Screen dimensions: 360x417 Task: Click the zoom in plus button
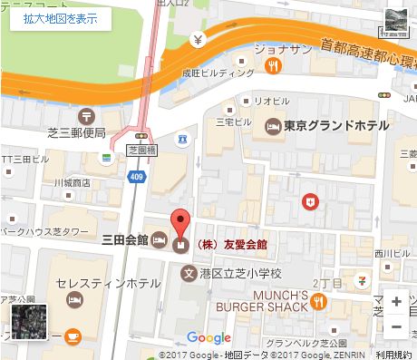[396, 301]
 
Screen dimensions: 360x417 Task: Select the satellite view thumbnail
[28, 321]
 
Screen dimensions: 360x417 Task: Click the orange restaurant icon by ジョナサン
[271, 64]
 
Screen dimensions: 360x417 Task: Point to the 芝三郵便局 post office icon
[85, 115]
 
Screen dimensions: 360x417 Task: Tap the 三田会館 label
[126, 242]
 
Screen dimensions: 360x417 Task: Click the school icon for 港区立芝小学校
[189, 273]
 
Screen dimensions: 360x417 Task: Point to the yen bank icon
[199, 40]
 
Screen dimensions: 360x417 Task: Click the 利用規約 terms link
[393, 355]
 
